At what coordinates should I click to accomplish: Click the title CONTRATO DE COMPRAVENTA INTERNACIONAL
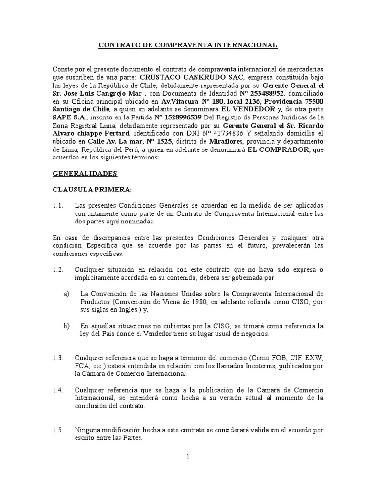(187, 45)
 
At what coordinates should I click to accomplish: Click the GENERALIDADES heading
(84, 175)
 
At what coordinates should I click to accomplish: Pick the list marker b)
(66, 326)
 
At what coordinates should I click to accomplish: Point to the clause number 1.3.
(58, 358)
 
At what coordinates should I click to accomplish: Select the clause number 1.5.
(58, 431)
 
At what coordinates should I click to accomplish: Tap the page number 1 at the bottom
(188, 457)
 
